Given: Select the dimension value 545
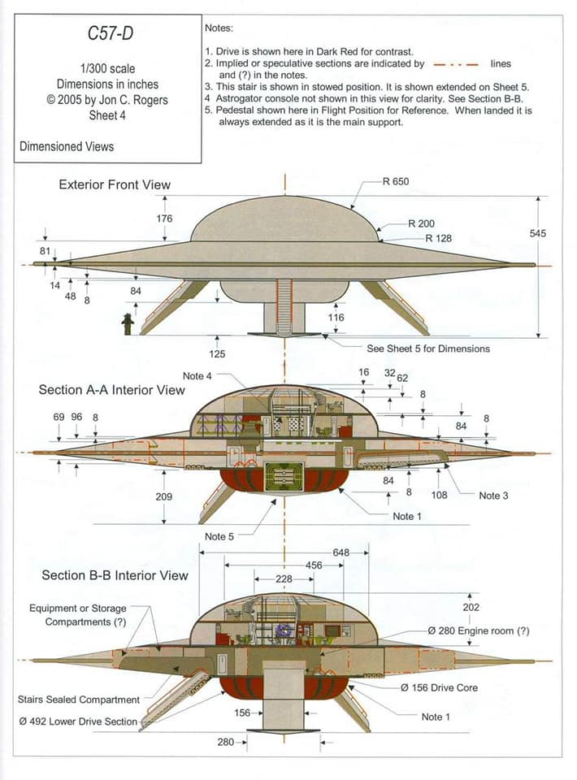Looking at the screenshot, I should [538, 233].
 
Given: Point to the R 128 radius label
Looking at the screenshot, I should [439, 238].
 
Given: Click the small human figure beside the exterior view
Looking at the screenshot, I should [127, 323].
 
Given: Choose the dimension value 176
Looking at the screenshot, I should [164, 219].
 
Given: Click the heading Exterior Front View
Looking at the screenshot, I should [115, 184].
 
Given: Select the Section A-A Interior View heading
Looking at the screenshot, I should [111, 389].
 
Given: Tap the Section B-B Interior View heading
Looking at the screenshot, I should [115, 575].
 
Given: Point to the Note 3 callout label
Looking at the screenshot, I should [493, 495].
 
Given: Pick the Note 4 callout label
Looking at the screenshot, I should [197, 375].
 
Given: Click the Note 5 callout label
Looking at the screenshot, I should [219, 536].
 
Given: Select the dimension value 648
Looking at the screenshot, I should [341, 552].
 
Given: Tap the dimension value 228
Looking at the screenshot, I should [284, 578].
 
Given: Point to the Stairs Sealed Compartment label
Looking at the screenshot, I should [79, 699].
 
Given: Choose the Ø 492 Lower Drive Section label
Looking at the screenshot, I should [78, 721].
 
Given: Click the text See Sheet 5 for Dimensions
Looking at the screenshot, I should [428, 348].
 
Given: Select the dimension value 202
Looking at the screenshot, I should [471, 607].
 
